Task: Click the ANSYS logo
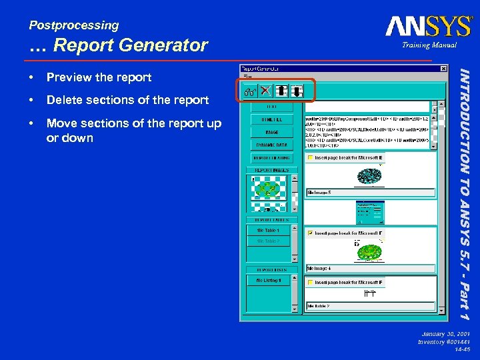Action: (x=428, y=27)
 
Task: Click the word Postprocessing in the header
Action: (x=73, y=25)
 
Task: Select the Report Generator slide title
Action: (x=119, y=45)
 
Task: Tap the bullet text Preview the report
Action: (x=99, y=77)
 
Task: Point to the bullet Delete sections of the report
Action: (x=127, y=100)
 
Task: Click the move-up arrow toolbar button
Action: (x=282, y=91)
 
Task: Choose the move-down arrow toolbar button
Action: (x=297, y=91)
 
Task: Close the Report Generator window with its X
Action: (x=443, y=68)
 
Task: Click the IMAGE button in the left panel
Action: (x=271, y=132)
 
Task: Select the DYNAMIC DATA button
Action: (x=271, y=145)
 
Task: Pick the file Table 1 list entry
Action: (x=268, y=230)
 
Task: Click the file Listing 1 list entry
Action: (x=268, y=281)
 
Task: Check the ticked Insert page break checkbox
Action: (x=310, y=233)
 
